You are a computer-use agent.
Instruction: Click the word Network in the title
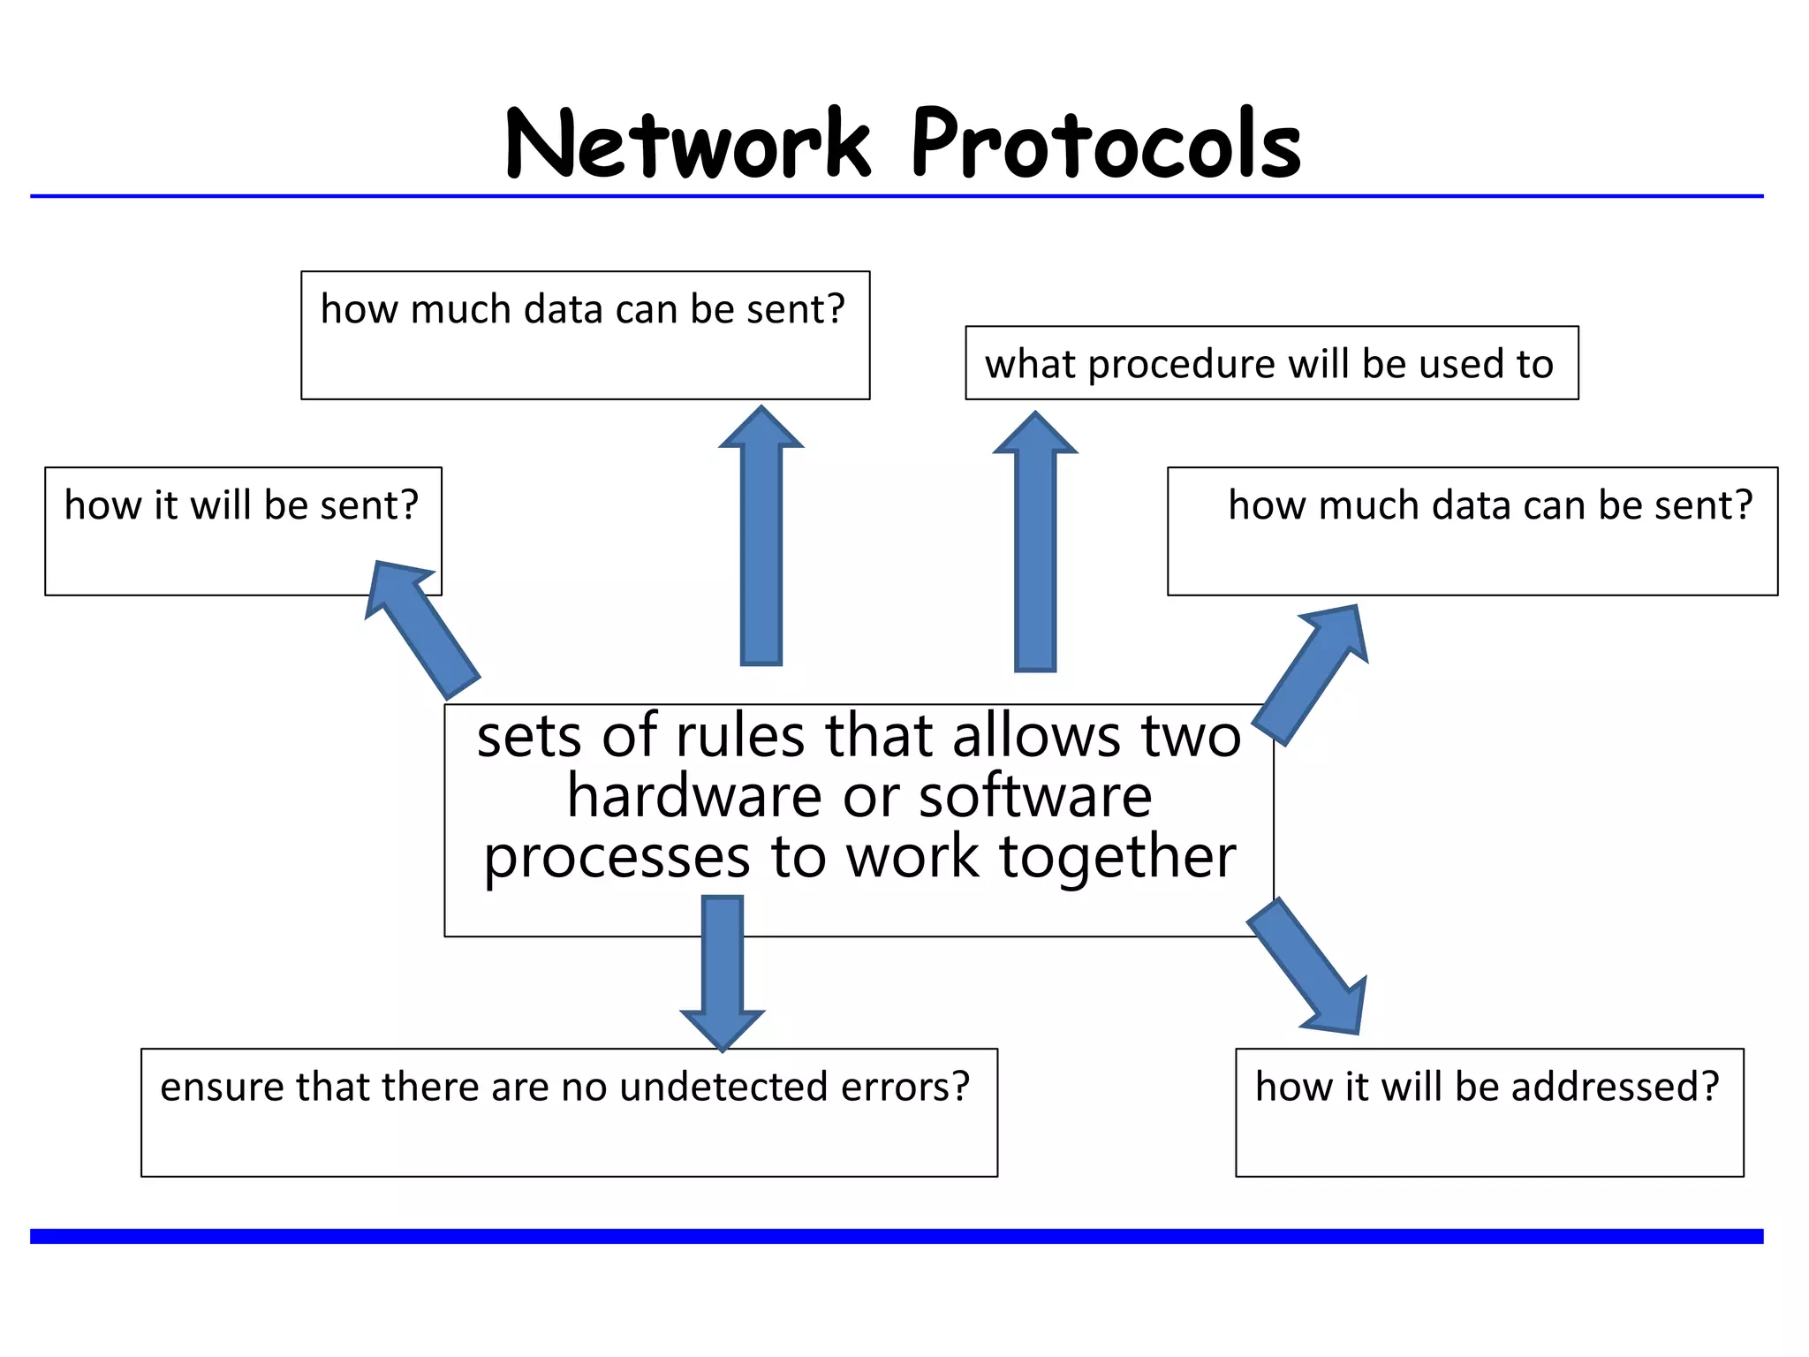(688, 144)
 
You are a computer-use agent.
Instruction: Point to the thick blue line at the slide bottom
(896, 1236)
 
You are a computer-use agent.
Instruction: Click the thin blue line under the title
(896, 196)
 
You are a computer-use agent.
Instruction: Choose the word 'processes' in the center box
(616, 857)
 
